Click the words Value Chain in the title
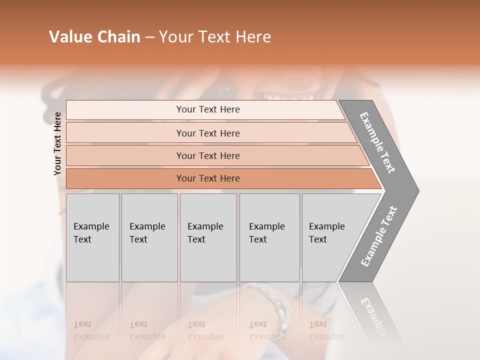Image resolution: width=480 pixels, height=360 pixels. click(x=94, y=37)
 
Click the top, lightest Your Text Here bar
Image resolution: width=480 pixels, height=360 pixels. click(x=208, y=109)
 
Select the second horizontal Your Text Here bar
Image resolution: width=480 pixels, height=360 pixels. click(x=208, y=133)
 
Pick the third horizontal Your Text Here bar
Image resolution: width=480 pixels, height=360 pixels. click(x=208, y=155)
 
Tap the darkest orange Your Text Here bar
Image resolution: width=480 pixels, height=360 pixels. click(x=208, y=178)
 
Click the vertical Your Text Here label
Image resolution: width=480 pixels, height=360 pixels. click(x=57, y=143)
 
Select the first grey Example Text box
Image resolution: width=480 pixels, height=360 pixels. click(x=92, y=237)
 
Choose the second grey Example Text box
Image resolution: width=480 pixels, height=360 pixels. click(x=149, y=237)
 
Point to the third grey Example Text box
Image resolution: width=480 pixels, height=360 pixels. click(x=207, y=237)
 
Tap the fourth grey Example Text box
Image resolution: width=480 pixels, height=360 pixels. click(x=269, y=237)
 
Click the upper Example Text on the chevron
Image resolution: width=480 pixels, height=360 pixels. click(x=378, y=142)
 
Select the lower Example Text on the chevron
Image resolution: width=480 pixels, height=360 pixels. click(x=379, y=236)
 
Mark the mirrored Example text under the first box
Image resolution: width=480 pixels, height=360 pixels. click(x=91, y=330)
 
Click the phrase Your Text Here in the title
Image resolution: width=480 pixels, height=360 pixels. click(x=215, y=37)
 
